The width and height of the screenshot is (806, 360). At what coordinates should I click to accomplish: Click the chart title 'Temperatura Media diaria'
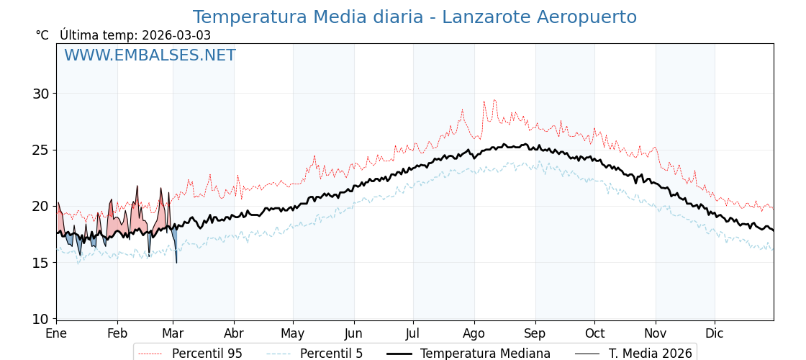[415, 17]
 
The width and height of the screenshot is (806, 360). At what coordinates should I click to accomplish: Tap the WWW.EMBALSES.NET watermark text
[150, 55]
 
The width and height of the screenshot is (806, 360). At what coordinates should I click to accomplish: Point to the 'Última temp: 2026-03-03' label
[135, 35]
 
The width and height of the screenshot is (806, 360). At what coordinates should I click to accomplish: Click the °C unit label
[42, 35]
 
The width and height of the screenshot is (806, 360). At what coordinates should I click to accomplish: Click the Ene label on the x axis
[56, 333]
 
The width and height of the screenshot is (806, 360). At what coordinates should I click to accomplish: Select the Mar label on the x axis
[173, 333]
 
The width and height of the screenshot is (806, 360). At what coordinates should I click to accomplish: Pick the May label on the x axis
[293, 333]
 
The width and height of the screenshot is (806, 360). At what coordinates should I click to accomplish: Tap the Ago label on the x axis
[474, 333]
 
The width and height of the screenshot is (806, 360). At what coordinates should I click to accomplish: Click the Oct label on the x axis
[594, 333]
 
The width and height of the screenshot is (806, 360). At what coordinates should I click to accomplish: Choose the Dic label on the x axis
[715, 333]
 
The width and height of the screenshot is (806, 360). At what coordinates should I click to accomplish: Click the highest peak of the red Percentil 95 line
[494, 100]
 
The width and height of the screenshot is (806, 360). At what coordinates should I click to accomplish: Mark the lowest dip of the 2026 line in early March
[176, 262]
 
